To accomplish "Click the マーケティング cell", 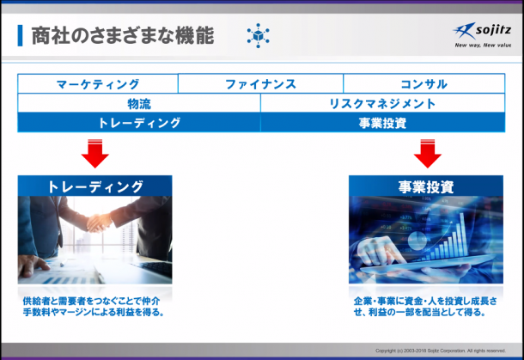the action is tap(98, 83).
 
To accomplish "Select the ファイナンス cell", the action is tap(260, 83).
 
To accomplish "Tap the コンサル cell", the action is tap(423, 83).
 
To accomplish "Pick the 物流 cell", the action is tap(139, 103).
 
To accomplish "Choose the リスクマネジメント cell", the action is tap(382, 103).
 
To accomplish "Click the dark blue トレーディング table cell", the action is tap(139, 123).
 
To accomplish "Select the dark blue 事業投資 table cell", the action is tap(382, 123).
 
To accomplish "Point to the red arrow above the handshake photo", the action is tap(94, 154).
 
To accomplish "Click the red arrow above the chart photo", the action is tap(428, 154).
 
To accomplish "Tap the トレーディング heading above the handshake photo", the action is tap(94, 186).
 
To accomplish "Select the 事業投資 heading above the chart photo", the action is tap(426, 186).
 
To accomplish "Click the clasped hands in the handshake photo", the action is tap(99, 223).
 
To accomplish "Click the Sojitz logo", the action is tap(482, 31).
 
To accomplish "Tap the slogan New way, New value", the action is tap(483, 46).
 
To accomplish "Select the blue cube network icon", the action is tap(258, 35).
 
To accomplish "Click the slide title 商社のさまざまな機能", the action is tap(123, 35).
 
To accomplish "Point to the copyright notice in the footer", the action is tap(441, 351).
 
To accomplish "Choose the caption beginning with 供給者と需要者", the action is tap(94, 307).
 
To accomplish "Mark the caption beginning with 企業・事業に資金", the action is tap(425, 307).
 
